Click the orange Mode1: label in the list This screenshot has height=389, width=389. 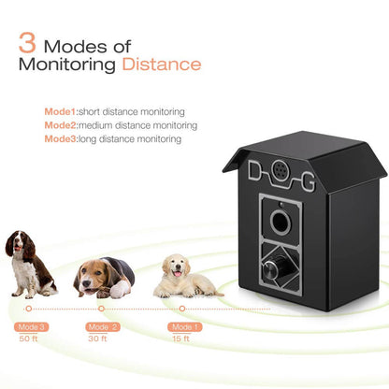click(61, 110)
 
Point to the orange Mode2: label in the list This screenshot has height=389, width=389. click(61, 124)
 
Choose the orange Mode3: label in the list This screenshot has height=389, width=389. click(61, 138)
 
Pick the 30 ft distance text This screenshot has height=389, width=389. click(102, 339)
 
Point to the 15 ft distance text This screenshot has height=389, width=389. click(184, 339)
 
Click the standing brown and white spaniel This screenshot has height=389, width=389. click(32, 263)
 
